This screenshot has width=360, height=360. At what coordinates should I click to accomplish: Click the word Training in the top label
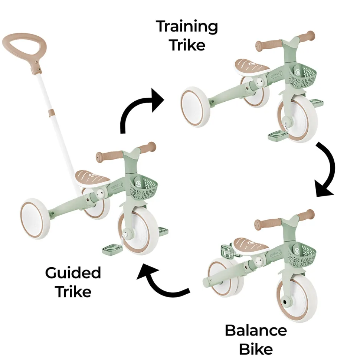(x=187, y=27)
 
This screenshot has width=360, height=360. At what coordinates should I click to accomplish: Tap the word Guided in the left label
(x=73, y=273)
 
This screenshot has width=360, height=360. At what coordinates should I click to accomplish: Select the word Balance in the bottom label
(x=256, y=331)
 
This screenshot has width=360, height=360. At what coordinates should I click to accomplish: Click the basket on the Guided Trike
(x=144, y=187)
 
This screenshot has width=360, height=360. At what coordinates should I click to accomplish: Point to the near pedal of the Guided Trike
(x=112, y=249)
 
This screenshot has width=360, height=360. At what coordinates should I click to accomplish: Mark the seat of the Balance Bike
(x=251, y=246)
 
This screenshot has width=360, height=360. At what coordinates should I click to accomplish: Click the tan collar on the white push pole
(x=52, y=113)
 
